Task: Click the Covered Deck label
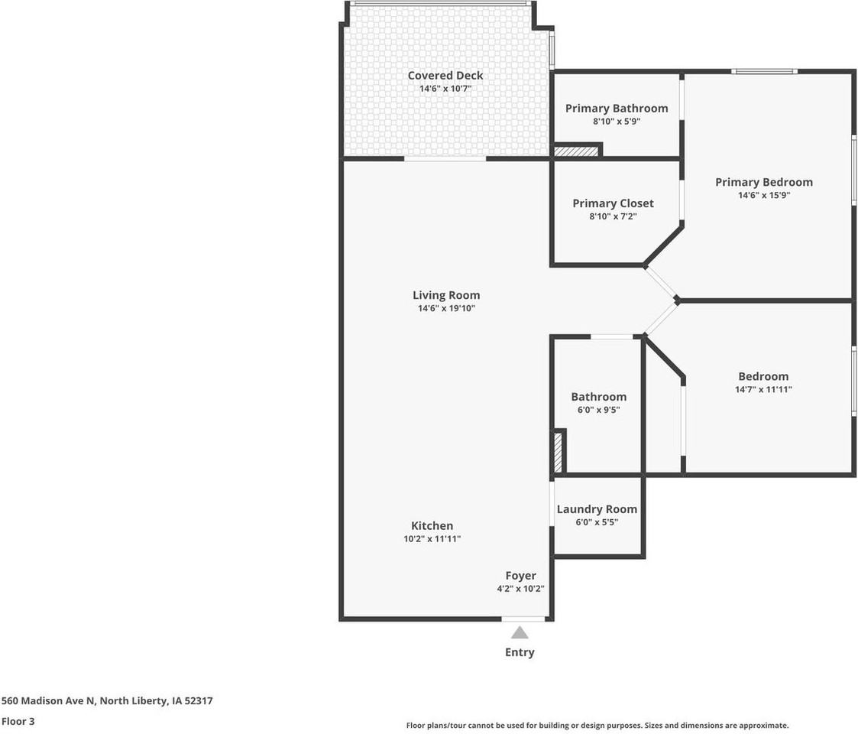point(445,75)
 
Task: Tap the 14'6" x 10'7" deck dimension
point(445,89)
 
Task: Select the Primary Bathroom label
point(616,108)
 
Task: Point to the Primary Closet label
point(613,203)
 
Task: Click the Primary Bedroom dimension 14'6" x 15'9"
point(763,195)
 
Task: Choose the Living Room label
point(446,295)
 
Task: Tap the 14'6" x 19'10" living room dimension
point(446,309)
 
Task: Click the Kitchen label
point(432,525)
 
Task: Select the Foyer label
point(520,575)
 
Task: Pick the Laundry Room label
point(597,508)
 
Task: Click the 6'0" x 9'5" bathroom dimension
point(598,410)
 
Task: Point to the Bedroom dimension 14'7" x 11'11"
point(763,389)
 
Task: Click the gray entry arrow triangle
point(520,632)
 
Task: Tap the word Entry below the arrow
point(520,652)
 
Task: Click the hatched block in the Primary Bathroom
point(576,151)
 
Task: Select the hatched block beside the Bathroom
point(558,452)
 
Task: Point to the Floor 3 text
point(18,721)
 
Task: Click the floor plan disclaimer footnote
point(597,726)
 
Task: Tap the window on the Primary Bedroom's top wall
point(764,72)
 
